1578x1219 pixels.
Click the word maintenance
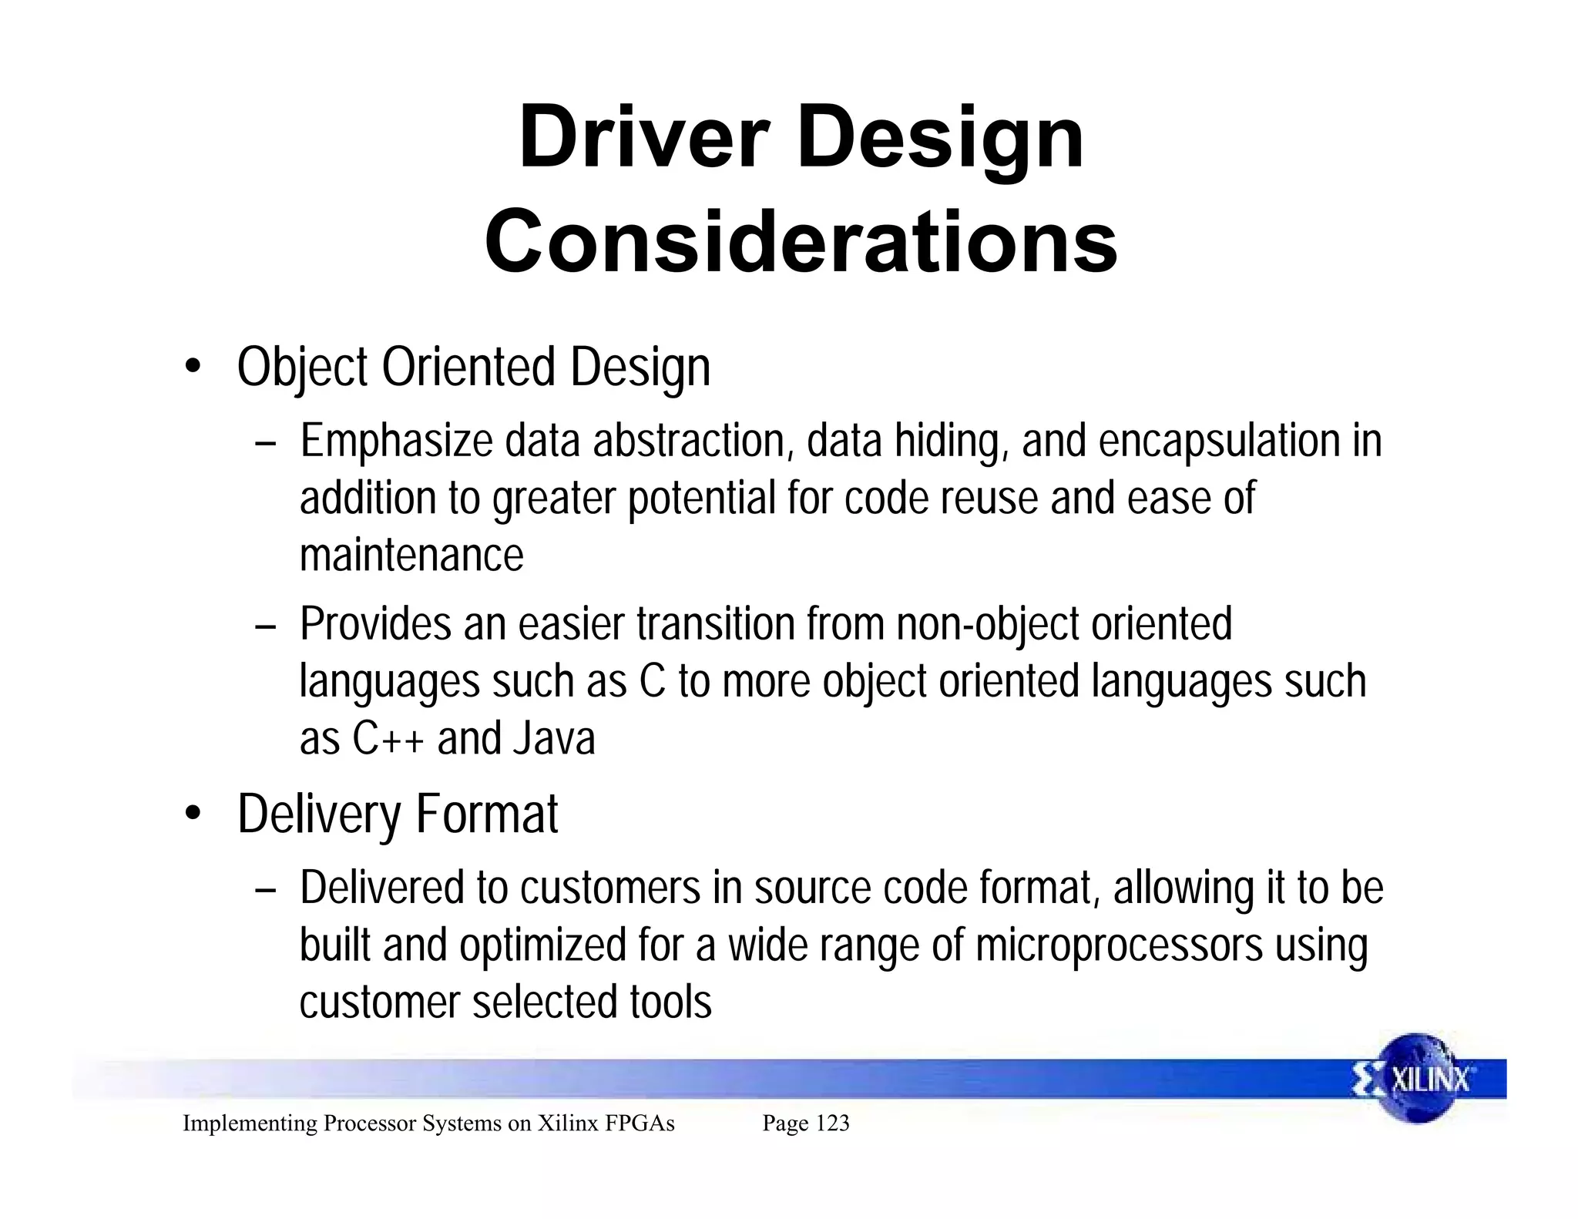[x=411, y=555]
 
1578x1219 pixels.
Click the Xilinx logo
[x=1416, y=1079]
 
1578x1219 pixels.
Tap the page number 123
[x=832, y=1123]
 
